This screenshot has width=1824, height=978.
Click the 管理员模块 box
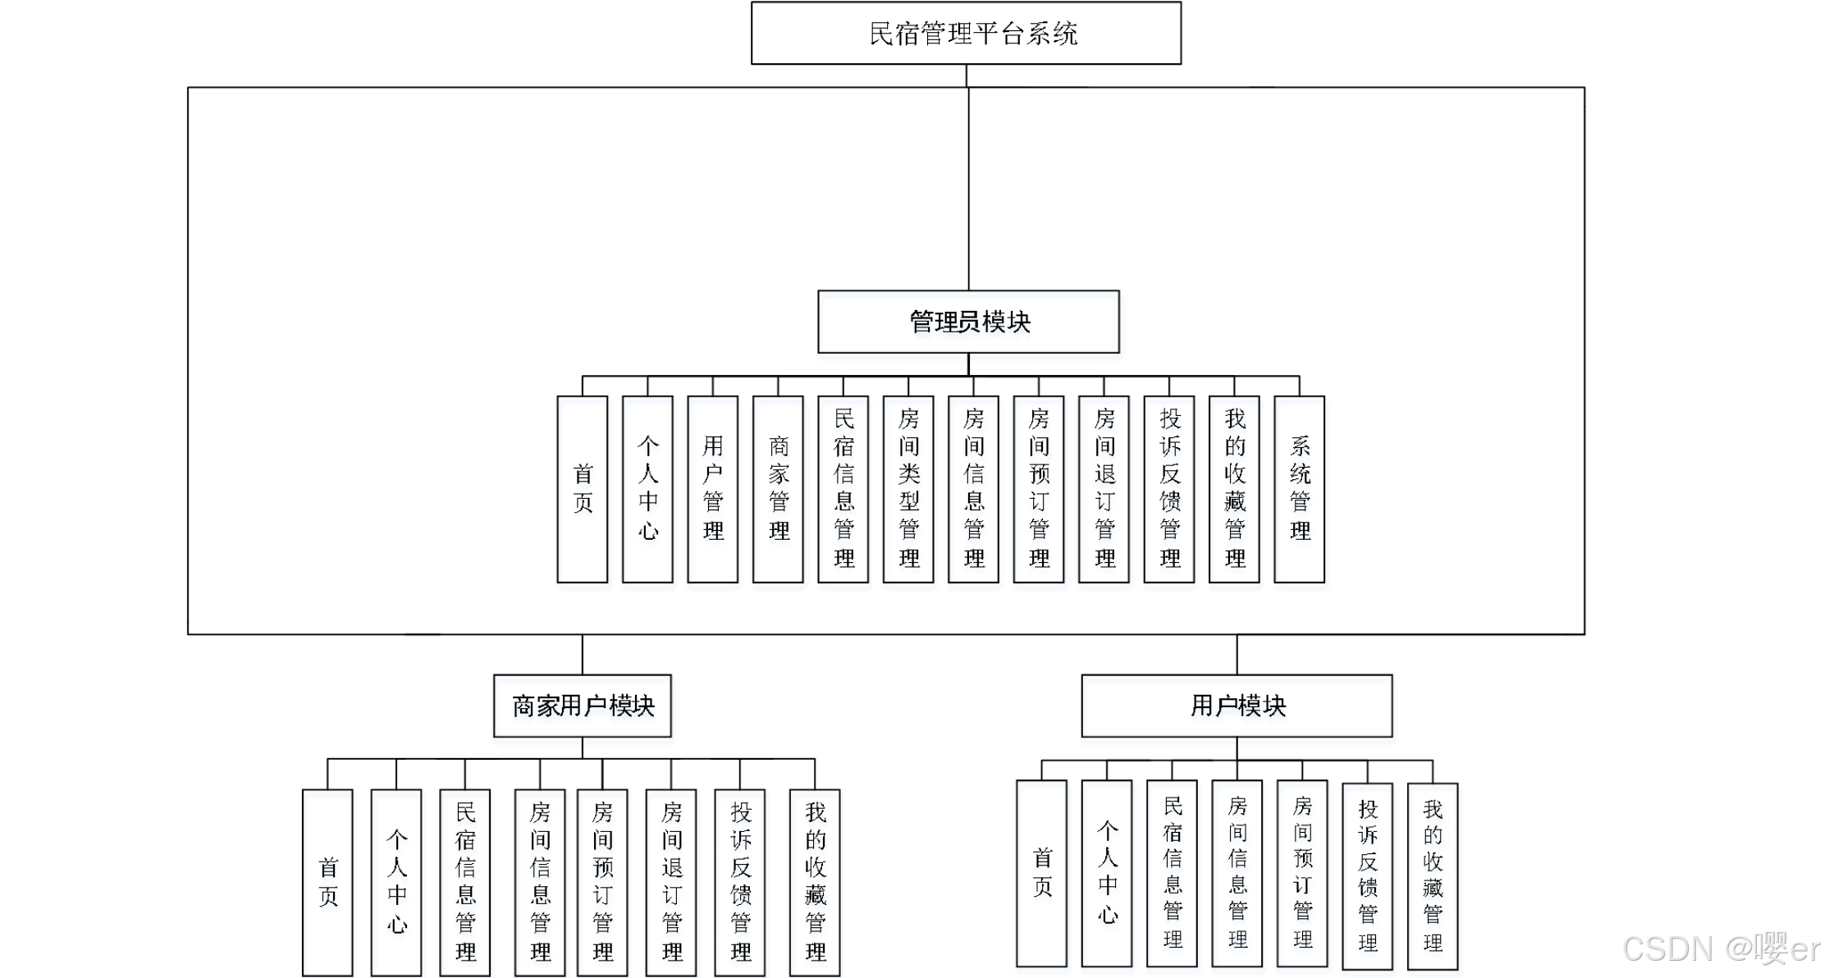(970, 326)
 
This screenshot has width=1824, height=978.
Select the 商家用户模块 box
(584, 710)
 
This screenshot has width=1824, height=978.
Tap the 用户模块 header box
(1238, 710)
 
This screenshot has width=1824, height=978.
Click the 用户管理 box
(714, 492)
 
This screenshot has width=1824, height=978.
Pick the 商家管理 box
(779, 492)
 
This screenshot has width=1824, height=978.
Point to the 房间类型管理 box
(909, 492)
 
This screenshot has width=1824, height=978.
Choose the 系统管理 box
(1301, 492)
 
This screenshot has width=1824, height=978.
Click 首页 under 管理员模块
(583, 492)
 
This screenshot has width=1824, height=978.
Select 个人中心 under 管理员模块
(649, 492)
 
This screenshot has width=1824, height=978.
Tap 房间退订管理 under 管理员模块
(1105, 492)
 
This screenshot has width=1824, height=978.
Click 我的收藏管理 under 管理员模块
(1236, 492)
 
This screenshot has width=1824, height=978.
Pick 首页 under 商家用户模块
(329, 884)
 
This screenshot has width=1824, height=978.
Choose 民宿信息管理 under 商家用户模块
(466, 884)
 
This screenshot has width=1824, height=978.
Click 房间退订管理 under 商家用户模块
(672, 884)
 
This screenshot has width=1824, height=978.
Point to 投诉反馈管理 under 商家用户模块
(741, 884)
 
